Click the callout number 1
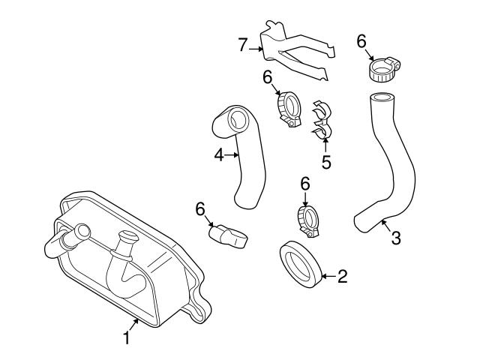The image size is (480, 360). (127, 339)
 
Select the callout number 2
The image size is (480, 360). (343, 277)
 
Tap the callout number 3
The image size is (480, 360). (397, 238)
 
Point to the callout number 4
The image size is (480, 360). (218, 155)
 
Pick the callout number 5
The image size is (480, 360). (326, 161)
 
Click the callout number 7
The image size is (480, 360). (243, 45)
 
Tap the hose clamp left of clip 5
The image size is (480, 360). (289, 110)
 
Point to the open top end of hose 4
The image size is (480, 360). (238, 118)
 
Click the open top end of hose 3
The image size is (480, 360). (382, 97)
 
